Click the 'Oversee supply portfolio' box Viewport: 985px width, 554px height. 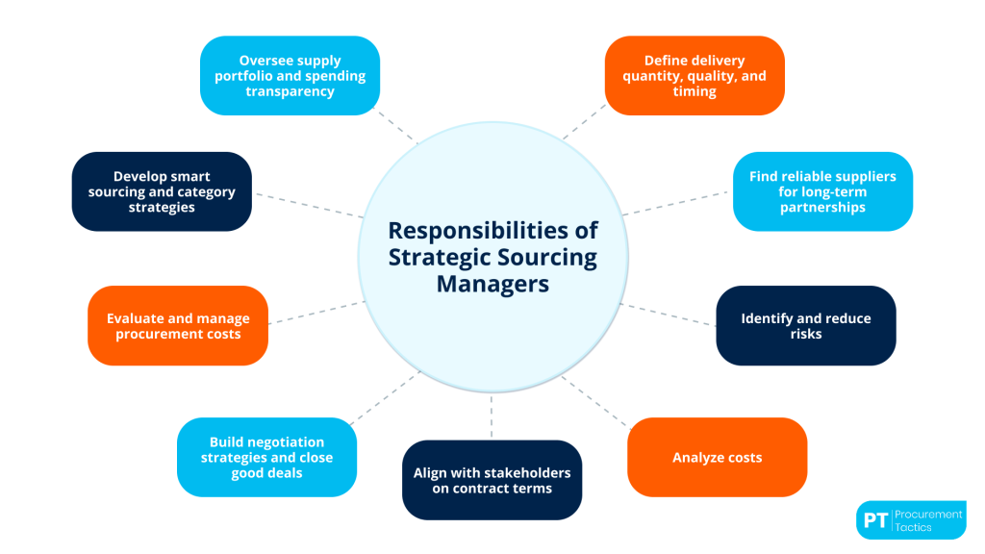(290, 75)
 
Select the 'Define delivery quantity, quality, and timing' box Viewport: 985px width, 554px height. (694, 75)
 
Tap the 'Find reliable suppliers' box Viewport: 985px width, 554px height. (822, 191)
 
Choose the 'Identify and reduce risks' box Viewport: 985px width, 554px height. (806, 325)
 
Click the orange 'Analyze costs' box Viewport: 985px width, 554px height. (717, 457)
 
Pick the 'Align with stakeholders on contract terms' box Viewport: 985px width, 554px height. (492, 480)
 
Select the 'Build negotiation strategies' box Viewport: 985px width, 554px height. (266, 457)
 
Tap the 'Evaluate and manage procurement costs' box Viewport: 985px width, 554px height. (177, 325)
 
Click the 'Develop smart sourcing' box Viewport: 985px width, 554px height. (162, 191)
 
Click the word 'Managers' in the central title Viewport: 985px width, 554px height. (492, 285)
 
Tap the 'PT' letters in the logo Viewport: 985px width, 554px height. (874, 520)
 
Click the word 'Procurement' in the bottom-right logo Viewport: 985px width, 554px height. (929, 514)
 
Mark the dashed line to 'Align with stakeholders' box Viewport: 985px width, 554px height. (492, 418)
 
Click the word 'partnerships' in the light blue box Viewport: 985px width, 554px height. (822, 207)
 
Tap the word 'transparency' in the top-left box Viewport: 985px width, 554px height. (290, 91)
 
